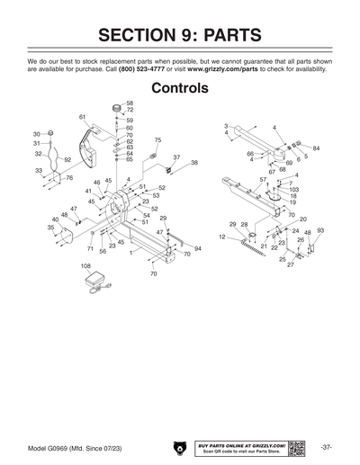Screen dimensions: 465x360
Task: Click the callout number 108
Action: click(x=85, y=266)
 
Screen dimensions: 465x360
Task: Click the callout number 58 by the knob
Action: click(x=130, y=103)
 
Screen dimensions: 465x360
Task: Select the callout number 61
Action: click(x=82, y=117)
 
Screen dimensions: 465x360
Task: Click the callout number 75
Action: click(x=157, y=140)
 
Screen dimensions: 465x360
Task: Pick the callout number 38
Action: click(x=193, y=163)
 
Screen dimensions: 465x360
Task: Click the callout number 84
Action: click(x=316, y=148)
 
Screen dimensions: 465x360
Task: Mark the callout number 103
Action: click(x=294, y=190)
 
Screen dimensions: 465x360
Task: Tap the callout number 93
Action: click(x=320, y=231)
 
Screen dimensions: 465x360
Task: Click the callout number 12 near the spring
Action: click(x=221, y=237)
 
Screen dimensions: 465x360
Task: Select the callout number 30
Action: click(x=37, y=134)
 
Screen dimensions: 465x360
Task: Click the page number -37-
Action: click(x=327, y=447)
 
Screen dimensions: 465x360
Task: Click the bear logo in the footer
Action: click(x=179, y=447)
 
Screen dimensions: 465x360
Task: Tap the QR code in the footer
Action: click(x=297, y=447)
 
